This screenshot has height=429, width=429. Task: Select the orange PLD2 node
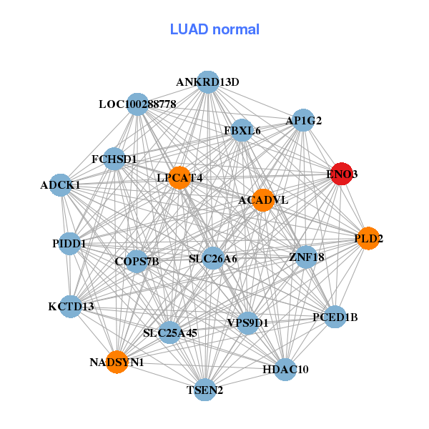[368, 238]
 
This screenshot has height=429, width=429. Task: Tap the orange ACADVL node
[264, 199]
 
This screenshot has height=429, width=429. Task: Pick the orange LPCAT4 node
[179, 177]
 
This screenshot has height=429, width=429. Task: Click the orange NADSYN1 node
[117, 362]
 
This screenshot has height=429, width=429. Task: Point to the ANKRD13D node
[207, 82]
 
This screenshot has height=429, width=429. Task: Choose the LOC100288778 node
[137, 104]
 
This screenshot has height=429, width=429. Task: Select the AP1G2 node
[304, 121]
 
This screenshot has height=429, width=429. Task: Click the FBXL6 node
[242, 130]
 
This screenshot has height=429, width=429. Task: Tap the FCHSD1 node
[114, 158]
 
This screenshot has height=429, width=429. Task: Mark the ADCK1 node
[61, 185]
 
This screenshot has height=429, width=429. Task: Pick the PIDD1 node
[69, 243]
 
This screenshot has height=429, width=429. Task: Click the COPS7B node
[137, 261]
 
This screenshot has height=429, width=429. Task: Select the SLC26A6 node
[213, 257]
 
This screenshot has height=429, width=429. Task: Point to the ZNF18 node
[306, 257]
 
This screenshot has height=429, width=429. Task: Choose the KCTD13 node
[71, 307]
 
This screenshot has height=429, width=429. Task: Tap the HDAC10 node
[285, 369]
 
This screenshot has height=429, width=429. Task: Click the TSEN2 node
[205, 390]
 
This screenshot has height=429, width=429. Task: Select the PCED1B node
[335, 316]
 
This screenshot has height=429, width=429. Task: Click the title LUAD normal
[214, 29]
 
